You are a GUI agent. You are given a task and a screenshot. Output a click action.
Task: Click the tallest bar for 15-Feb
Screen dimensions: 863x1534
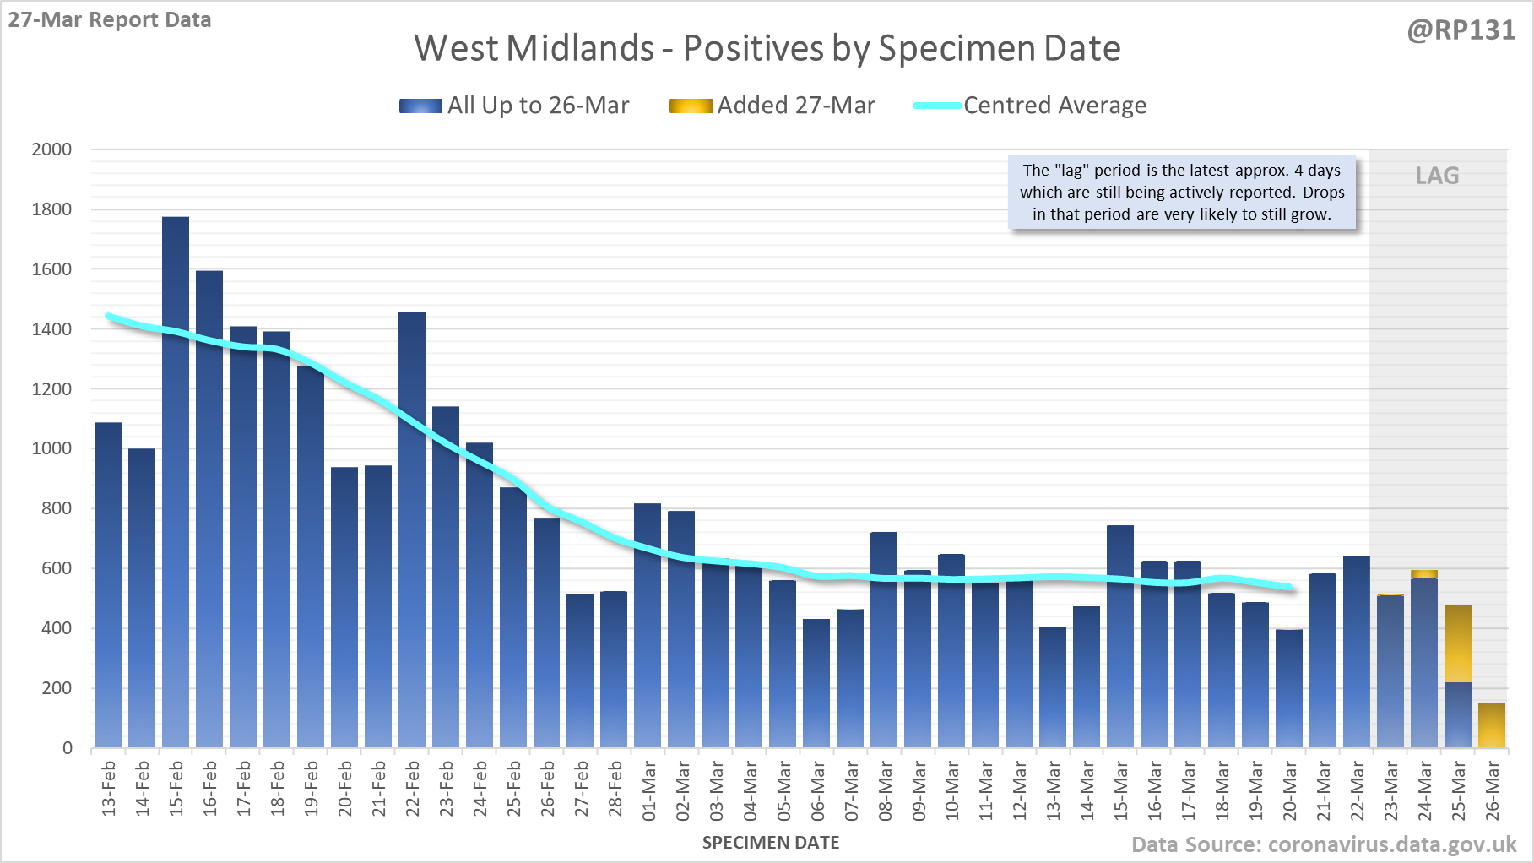(176, 481)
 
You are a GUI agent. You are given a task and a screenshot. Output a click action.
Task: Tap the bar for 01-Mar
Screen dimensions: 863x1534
(648, 625)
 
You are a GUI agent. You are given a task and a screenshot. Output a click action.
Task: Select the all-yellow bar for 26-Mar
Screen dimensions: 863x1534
(1492, 725)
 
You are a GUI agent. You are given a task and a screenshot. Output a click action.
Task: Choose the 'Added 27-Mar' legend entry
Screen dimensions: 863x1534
(795, 106)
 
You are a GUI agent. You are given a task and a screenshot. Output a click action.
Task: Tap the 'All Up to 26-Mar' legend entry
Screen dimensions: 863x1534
(537, 106)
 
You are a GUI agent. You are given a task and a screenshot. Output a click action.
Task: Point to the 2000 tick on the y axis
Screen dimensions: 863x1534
(51, 149)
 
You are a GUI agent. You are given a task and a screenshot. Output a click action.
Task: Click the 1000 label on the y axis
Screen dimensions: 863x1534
(51, 448)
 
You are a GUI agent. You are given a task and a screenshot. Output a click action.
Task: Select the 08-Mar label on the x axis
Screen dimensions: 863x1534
(885, 790)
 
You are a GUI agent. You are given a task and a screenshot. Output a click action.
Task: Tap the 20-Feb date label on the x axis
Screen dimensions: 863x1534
(345, 789)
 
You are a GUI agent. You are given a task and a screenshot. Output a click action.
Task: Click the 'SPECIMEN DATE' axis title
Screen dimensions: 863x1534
(771, 843)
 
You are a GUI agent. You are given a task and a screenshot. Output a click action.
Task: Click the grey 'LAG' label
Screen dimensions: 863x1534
(1437, 176)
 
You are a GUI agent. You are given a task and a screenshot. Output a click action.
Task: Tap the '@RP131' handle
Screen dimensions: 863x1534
(1461, 30)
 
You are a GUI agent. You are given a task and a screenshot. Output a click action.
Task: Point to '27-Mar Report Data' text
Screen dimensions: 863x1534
(110, 20)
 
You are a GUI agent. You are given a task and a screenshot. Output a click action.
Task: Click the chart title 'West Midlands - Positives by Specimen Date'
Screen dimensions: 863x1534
(767, 49)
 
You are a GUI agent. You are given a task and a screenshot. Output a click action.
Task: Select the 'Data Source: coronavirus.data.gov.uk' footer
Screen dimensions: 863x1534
(1324, 844)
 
